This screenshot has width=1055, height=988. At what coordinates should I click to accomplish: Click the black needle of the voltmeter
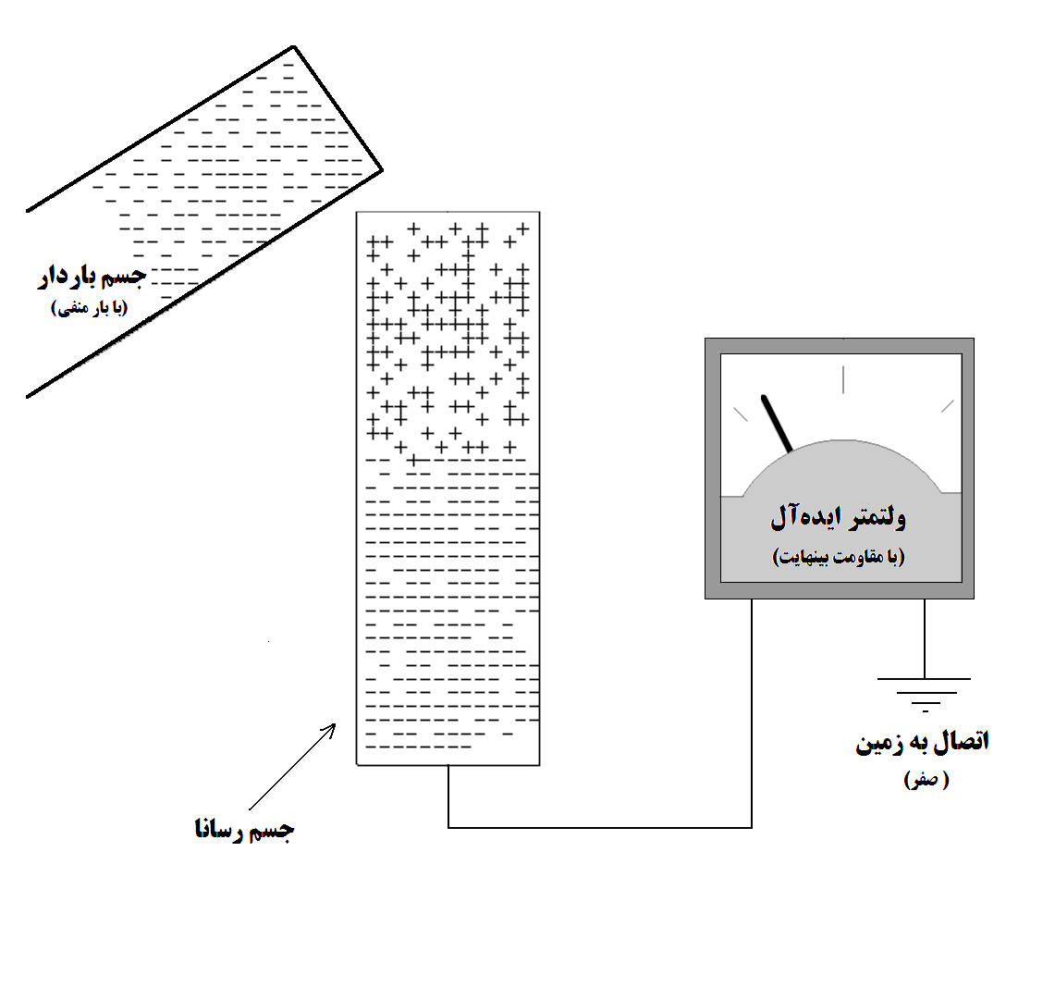pos(777,424)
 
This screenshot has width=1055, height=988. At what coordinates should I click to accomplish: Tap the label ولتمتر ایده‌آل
pos(838,516)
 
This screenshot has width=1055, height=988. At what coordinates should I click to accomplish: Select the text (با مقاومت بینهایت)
pos(839,557)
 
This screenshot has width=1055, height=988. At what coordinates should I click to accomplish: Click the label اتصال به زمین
pos(922,742)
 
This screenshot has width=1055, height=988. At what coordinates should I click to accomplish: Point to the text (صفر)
pos(926,779)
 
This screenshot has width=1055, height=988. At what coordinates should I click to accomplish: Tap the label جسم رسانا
pos(244,829)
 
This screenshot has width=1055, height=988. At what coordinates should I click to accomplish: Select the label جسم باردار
pos(92,276)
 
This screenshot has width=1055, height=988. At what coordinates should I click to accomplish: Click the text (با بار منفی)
pos(90,308)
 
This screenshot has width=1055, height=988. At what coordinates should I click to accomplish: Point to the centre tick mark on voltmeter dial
pos(843,379)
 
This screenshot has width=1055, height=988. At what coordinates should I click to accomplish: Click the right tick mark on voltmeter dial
pos(948,406)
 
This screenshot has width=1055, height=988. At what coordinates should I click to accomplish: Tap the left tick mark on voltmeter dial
pos(740,414)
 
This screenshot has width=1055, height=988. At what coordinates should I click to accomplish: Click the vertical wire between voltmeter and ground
pos(925,638)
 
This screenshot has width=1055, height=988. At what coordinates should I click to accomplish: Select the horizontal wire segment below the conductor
pos(599,827)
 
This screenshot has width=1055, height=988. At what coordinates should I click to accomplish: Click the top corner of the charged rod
pos(294,46)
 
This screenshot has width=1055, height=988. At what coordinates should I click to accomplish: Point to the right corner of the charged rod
pos(382,170)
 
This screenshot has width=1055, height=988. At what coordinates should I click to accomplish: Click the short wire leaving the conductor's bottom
pos(448,797)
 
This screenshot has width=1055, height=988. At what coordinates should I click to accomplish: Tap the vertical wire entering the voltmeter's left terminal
pos(752,713)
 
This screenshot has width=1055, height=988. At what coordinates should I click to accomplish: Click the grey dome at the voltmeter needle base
pos(841,468)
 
